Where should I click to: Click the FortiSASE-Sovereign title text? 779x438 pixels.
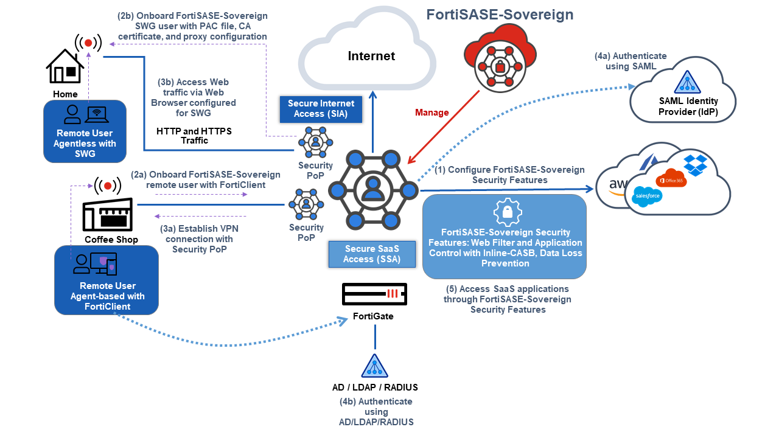pyautogui.click(x=500, y=15)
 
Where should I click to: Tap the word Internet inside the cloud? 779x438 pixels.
pyautogui.click(x=371, y=56)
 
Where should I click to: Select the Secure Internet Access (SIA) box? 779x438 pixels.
pyautogui.click(x=316, y=108)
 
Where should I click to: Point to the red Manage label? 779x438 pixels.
pyautogui.click(x=431, y=113)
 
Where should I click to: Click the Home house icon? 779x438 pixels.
pyautogui.click(x=65, y=67)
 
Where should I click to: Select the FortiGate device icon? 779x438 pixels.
pyautogui.click(x=374, y=296)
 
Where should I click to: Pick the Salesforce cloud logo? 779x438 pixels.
pyautogui.click(x=646, y=196)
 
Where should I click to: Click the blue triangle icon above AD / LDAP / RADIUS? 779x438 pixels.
pyautogui.click(x=374, y=366)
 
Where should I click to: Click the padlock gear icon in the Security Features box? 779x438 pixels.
pyautogui.click(x=505, y=212)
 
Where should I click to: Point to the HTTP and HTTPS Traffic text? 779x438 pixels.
pyautogui.click(x=194, y=136)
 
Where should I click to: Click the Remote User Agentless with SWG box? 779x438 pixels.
pyautogui.click(x=85, y=131)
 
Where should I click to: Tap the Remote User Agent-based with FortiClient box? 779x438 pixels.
pyautogui.click(x=107, y=280)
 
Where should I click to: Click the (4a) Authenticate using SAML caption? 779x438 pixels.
pyautogui.click(x=631, y=61)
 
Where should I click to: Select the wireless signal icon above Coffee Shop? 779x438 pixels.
pyautogui.click(x=108, y=185)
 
